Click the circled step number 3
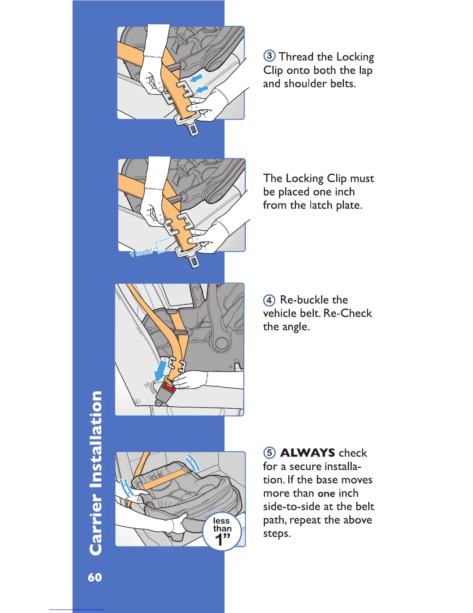[x=269, y=56]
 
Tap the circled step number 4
[x=269, y=300]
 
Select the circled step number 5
[x=269, y=453]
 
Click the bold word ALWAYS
[x=308, y=453]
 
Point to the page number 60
[x=95, y=577]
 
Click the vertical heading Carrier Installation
[x=96, y=473]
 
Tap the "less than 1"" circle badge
[x=222, y=531]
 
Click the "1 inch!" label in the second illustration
[x=141, y=252]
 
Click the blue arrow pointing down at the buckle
[x=160, y=371]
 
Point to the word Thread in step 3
[x=296, y=57]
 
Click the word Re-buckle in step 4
[x=314, y=300]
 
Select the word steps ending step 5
[x=277, y=534]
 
